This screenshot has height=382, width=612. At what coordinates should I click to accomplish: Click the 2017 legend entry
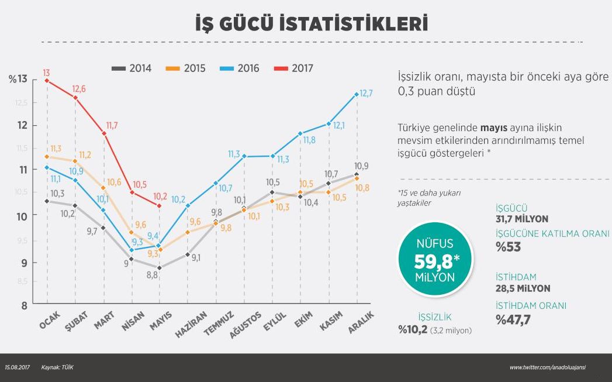coord(293,68)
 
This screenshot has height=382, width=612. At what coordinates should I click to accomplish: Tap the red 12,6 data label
coord(79,89)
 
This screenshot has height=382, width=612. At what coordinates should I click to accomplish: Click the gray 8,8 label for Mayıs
coord(151,274)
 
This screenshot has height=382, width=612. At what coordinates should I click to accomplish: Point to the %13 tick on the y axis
coord(18,80)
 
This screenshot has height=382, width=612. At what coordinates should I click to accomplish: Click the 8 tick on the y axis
coord(24,305)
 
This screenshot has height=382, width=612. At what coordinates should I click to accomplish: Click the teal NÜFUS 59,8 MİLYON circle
coord(434,260)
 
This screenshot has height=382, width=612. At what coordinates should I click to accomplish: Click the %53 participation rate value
coord(508,247)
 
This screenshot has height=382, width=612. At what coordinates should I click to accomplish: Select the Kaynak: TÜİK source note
coord(57,367)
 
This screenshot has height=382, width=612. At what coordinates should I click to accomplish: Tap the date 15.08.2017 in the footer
coord(18,367)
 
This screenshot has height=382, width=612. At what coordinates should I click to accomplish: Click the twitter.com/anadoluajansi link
coord(547,367)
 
